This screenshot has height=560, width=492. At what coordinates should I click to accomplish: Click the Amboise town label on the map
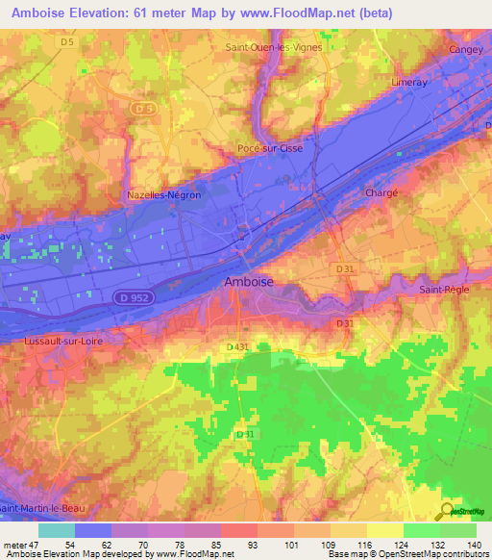[x=248, y=281]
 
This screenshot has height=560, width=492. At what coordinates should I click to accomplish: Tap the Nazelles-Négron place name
[x=163, y=194]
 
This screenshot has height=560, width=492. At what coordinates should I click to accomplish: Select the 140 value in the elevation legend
[x=473, y=546]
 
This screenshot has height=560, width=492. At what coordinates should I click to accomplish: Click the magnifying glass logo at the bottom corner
[x=447, y=511]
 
